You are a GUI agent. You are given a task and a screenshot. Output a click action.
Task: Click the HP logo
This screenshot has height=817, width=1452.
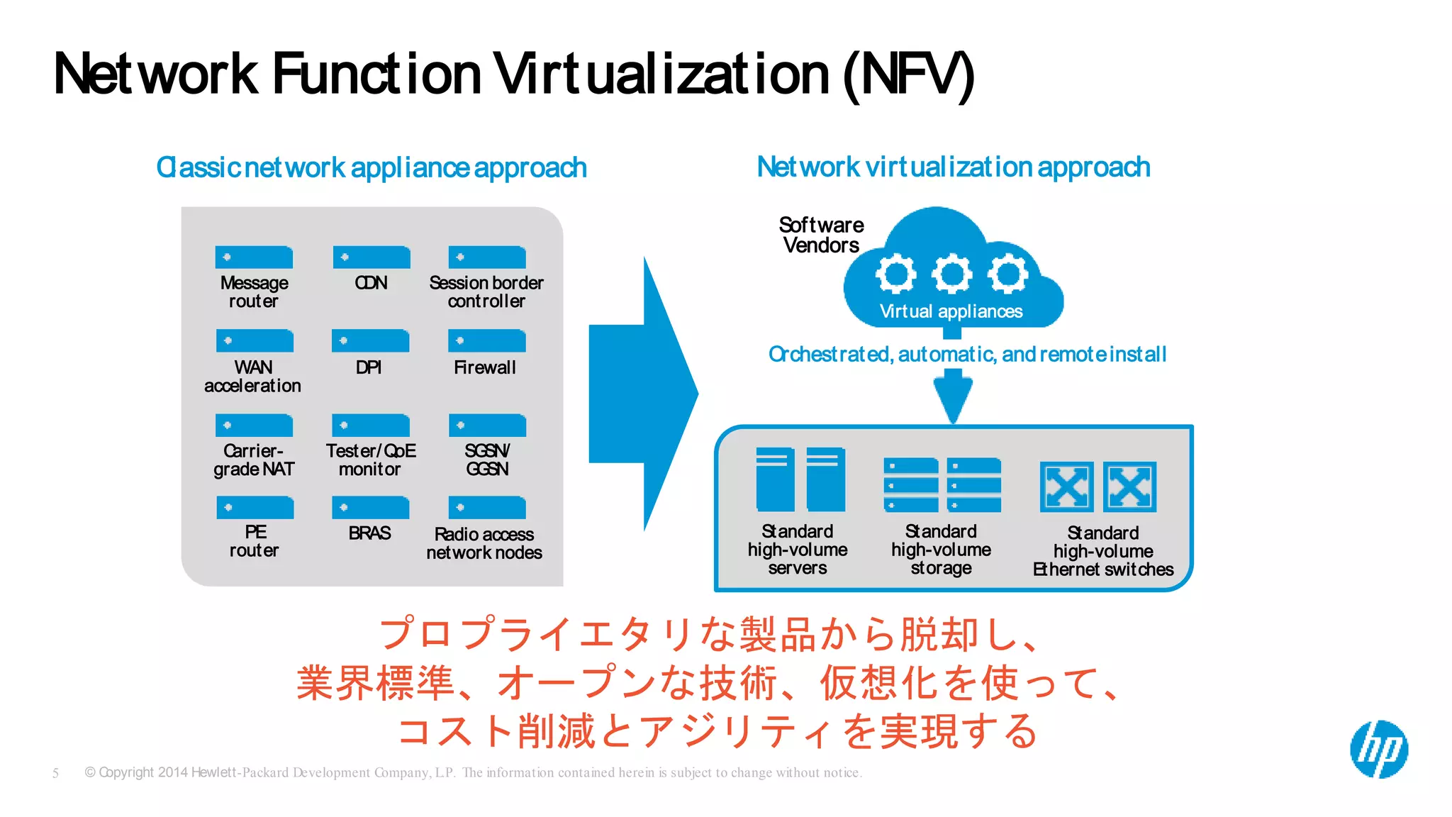[x=1379, y=750]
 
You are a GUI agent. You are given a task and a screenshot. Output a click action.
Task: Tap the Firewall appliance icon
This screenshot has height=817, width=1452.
[x=487, y=341]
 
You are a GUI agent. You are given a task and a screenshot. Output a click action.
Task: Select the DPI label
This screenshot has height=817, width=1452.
[x=369, y=367]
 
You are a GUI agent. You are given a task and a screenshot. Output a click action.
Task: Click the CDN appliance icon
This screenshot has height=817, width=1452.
[x=372, y=257]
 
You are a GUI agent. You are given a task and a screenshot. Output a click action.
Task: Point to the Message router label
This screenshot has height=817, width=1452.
[x=254, y=291]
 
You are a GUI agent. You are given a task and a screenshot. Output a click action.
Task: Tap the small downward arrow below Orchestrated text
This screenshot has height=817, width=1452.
[x=953, y=398]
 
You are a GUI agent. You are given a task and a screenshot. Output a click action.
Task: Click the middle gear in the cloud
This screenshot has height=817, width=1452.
[x=951, y=274]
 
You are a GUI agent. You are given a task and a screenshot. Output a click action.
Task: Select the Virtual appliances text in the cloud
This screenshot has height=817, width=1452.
[x=951, y=311]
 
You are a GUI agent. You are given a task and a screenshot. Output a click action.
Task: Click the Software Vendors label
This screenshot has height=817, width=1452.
[x=821, y=235]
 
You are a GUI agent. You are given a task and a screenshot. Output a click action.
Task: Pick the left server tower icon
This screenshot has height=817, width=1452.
[x=775, y=479]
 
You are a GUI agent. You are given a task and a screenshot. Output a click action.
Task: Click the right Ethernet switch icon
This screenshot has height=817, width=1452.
[x=1129, y=487]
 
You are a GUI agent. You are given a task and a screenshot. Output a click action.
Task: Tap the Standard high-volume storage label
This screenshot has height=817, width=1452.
[x=941, y=550]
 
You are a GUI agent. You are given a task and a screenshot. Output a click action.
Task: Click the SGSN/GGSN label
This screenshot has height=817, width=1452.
[x=487, y=460]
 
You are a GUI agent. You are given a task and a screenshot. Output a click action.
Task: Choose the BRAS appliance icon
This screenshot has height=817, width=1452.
[x=371, y=508]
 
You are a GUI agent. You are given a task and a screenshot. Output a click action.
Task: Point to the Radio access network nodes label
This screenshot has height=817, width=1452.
[x=484, y=543]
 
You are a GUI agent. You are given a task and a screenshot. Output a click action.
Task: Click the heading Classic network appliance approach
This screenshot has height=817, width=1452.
[x=372, y=168]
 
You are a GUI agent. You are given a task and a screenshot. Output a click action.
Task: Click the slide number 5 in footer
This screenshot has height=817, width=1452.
[x=55, y=773]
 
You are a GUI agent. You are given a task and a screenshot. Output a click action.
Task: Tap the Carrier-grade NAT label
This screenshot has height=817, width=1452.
[x=254, y=460]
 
